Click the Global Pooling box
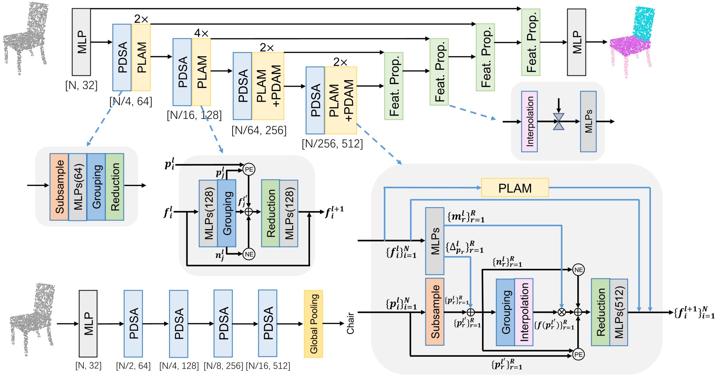(x=313, y=324)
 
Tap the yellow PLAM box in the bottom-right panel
(x=515, y=188)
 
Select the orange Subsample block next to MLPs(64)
(x=59, y=187)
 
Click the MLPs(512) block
(x=619, y=312)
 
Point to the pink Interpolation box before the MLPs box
(x=529, y=122)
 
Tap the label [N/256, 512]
(x=332, y=144)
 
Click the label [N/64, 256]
(x=259, y=130)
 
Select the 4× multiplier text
(x=201, y=33)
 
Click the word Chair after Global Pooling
(x=350, y=323)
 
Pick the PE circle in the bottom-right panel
(x=579, y=355)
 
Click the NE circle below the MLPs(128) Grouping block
(x=249, y=254)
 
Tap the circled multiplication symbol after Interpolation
(x=562, y=312)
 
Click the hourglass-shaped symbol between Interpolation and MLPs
(x=558, y=122)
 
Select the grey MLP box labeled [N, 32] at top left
(x=81, y=42)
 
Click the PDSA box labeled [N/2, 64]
(x=133, y=324)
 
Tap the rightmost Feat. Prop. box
(x=531, y=42)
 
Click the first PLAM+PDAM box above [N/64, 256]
(x=267, y=86)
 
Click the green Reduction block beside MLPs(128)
(x=271, y=213)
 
